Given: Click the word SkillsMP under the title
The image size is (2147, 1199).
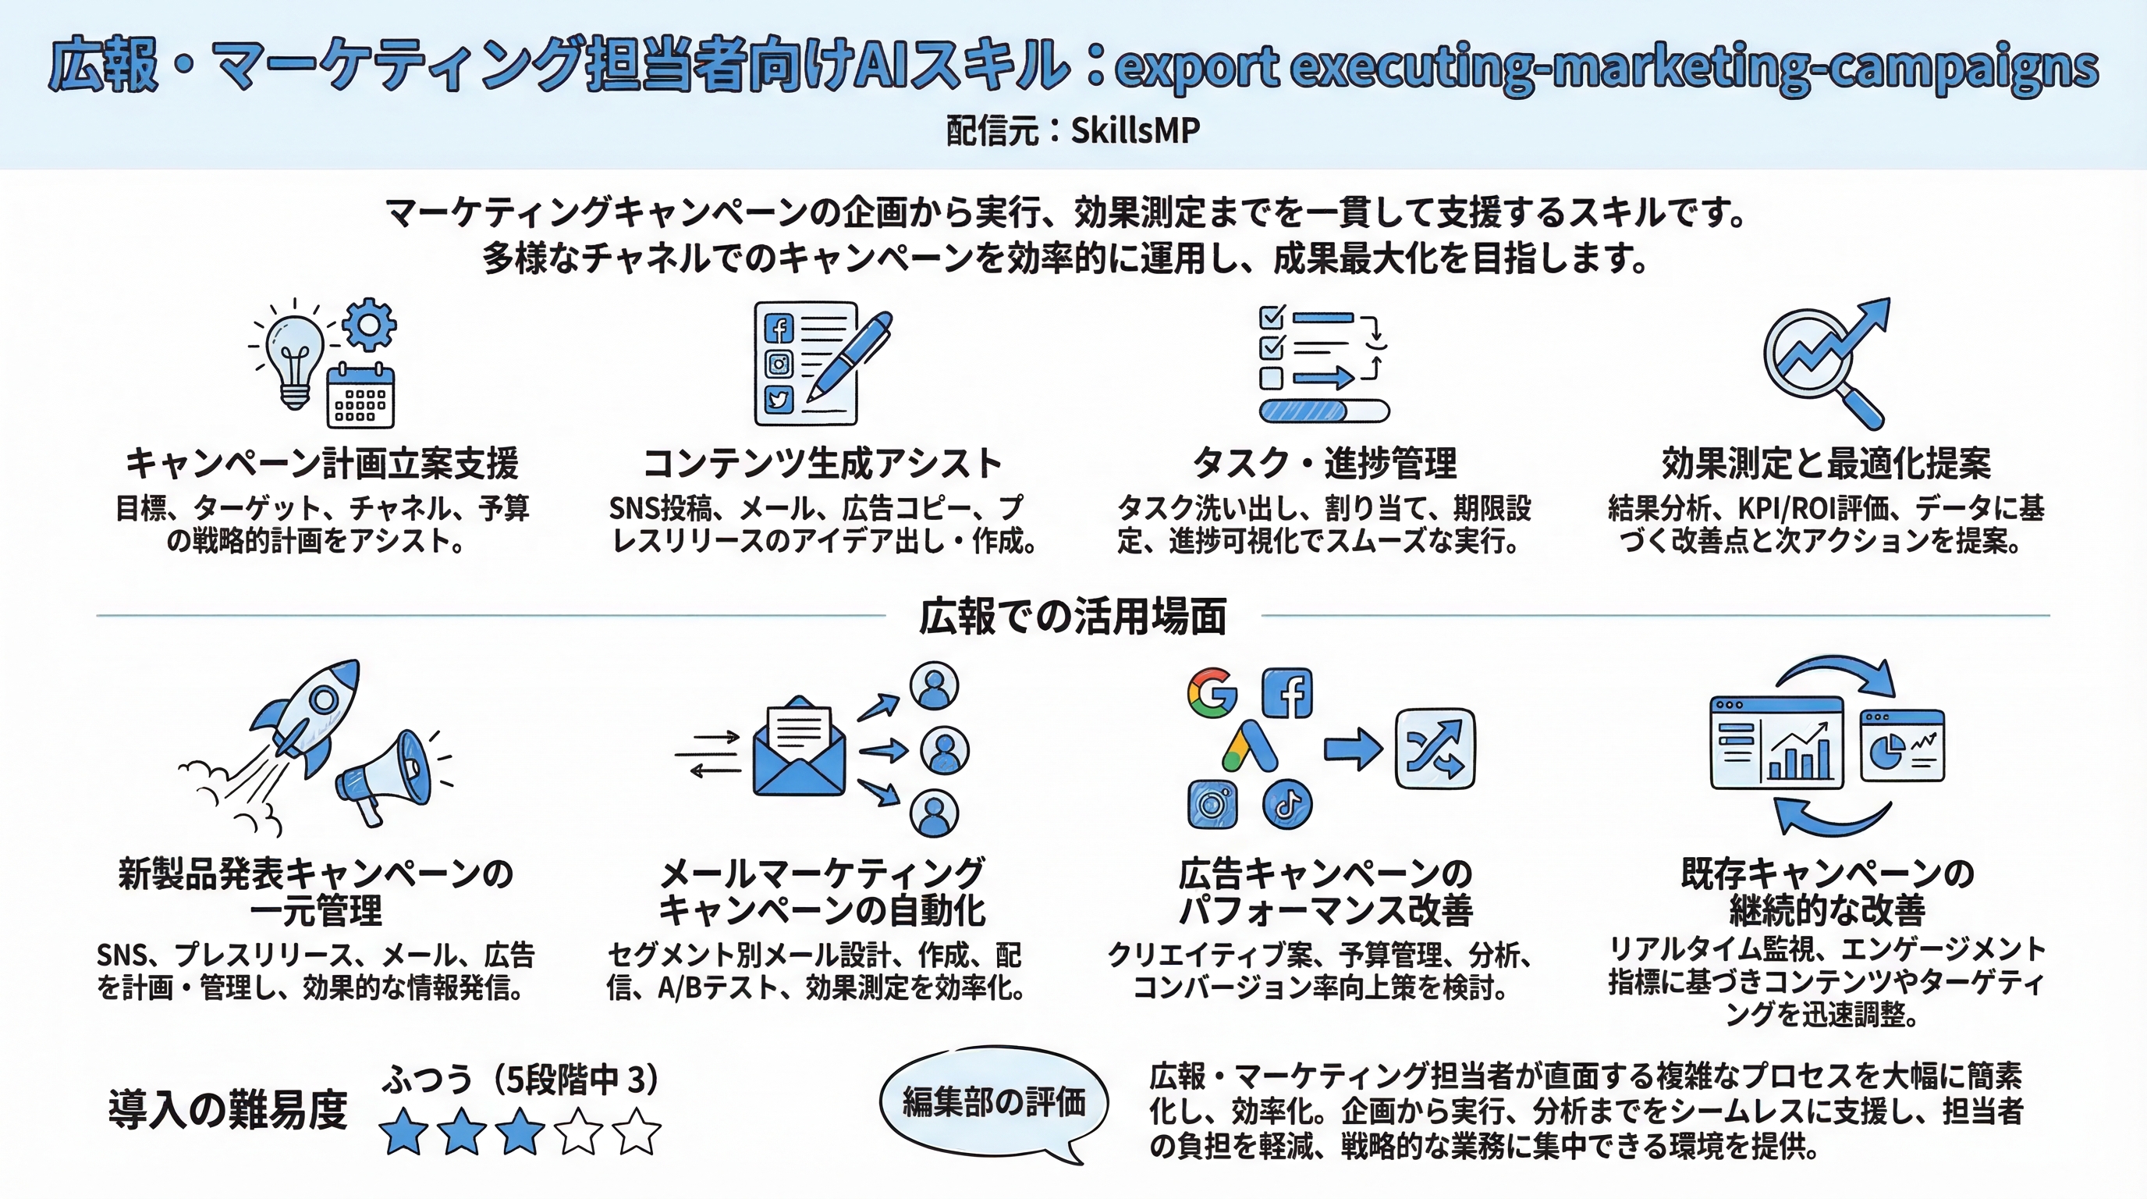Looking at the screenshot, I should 1134,130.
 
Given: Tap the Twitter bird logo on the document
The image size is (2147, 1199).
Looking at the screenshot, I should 779,400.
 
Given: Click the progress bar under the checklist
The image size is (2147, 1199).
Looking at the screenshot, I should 1323,411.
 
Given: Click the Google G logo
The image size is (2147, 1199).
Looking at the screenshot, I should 1212,692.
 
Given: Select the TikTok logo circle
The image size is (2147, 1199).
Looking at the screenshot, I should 1286,805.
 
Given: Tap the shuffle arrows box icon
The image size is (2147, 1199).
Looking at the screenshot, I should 1435,749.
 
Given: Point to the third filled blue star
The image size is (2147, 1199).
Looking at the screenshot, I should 520,1131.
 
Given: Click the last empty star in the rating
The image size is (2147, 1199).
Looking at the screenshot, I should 637,1131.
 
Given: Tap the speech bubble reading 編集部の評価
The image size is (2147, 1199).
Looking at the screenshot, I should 993,1102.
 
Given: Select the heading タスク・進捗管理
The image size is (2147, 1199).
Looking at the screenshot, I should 1323,464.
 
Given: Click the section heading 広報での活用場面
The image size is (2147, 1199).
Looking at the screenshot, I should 1073,617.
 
